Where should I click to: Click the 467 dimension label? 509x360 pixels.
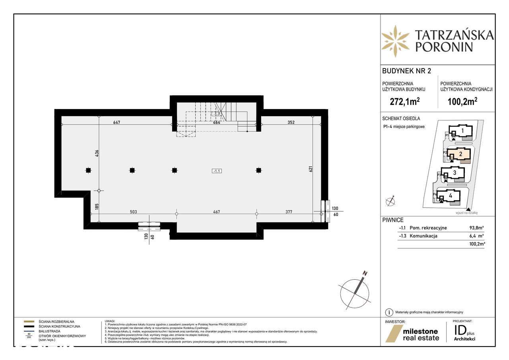point(216,212)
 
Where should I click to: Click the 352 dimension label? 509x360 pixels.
point(291,122)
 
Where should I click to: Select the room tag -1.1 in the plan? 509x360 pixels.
point(217,171)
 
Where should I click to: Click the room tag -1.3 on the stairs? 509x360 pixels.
point(217,114)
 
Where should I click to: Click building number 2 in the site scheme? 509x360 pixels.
point(460,154)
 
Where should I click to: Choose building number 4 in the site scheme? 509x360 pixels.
point(451,196)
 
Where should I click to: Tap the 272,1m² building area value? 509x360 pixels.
point(405,101)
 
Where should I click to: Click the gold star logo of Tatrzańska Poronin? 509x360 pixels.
point(395,41)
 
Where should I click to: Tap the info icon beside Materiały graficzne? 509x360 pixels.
point(389,312)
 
